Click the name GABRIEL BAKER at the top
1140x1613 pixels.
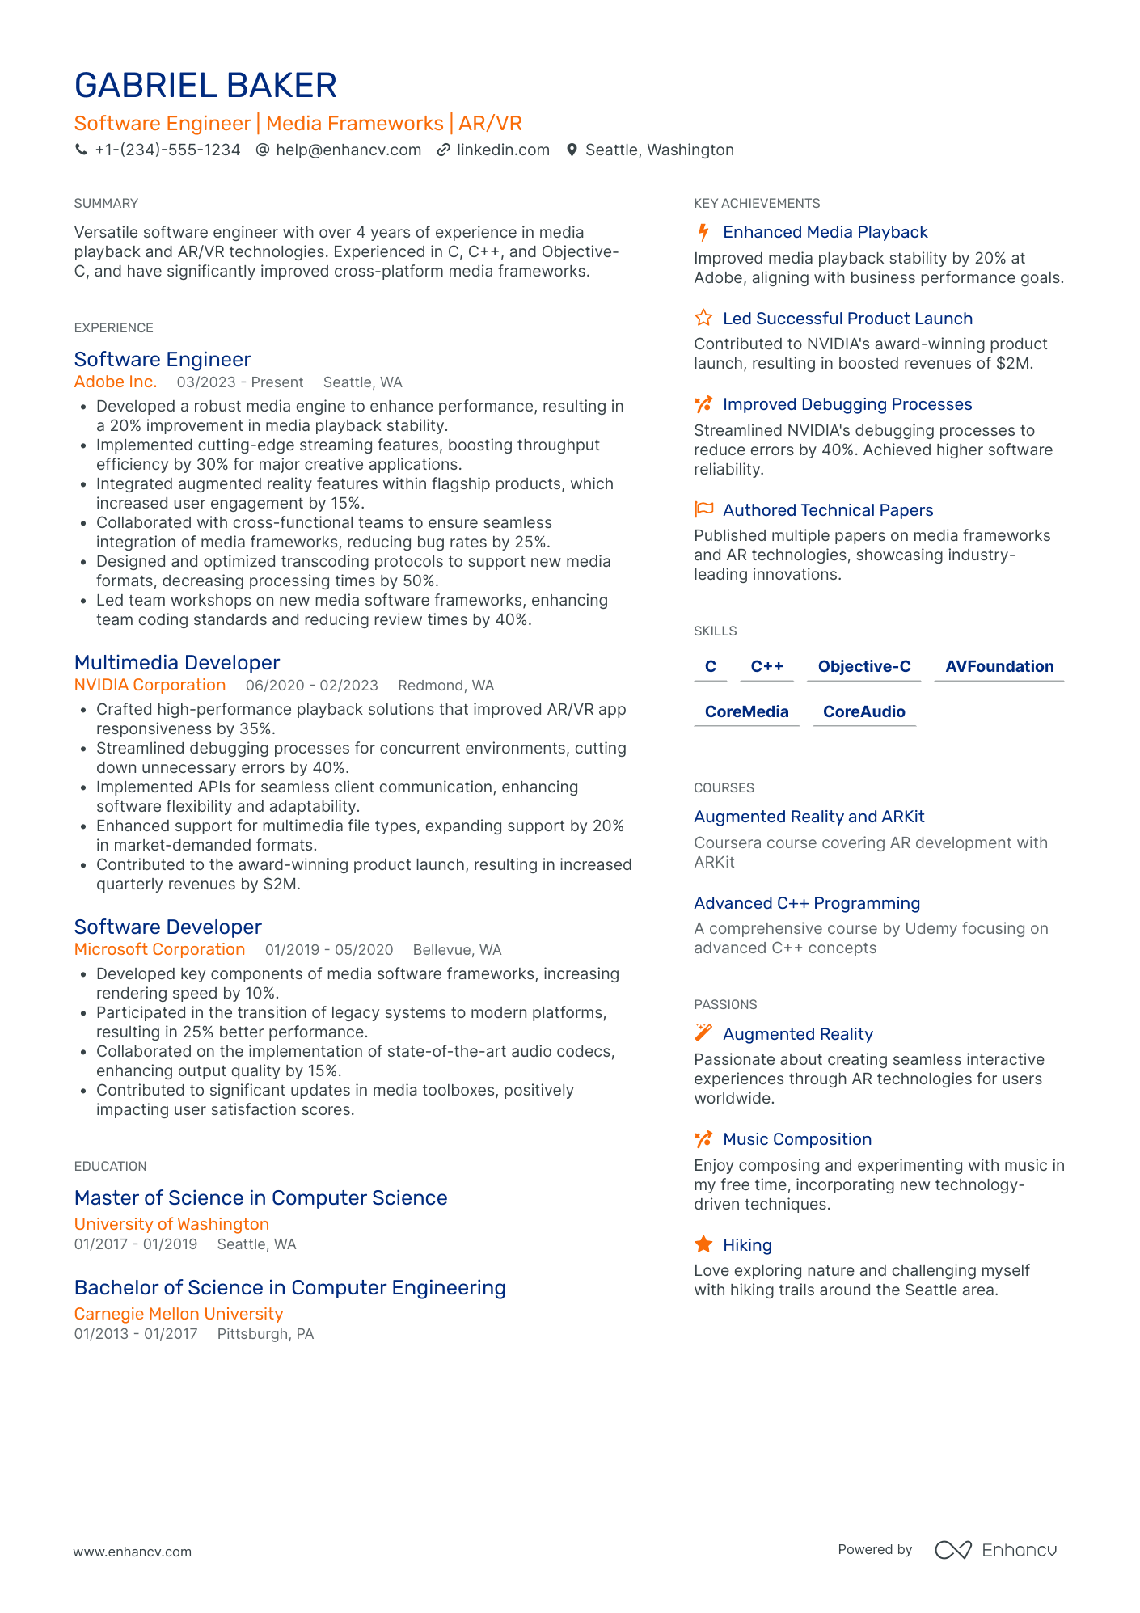(x=205, y=86)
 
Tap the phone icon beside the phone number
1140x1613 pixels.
(x=81, y=150)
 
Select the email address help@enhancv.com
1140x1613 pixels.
(x=348, y=150)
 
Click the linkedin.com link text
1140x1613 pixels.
(x=503, y=150)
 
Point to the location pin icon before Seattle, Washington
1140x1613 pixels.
(x=572, y=150)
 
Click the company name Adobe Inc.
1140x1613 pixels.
(x=116, y=382)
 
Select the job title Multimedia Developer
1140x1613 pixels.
(x=177, y=663)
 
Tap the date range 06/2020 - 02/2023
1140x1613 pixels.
(x=312, y=686)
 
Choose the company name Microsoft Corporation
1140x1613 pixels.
(x=159, y=950)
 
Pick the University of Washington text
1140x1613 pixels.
(x=171, y=1224)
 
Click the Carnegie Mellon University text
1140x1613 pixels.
(x=179, y=1314)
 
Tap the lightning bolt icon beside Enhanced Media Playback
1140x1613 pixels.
(x=703, y=233)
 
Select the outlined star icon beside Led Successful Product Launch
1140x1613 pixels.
(x=703, y=318)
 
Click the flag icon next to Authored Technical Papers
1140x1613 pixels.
(x=703, y=509)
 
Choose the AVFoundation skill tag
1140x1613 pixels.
(x=999, y=667)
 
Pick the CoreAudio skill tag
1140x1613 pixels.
(x=863, y=712)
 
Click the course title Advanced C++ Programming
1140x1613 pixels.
(x=807, y=903)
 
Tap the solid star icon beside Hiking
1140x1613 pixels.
(x=703, y=1244)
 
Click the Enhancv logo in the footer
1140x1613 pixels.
(x=996, y=1550)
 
